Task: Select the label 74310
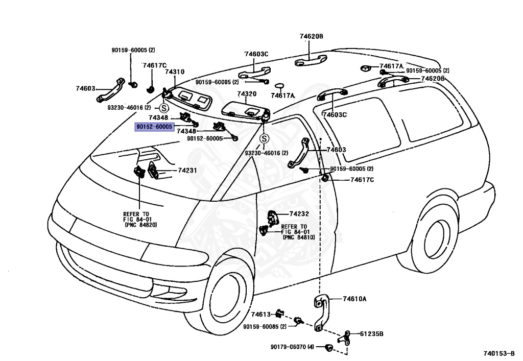[175, 73]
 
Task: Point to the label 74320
[247, 94]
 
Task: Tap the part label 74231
[187, 170]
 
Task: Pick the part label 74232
[299, 213]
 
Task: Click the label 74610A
[354, 299]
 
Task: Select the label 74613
[260, 314]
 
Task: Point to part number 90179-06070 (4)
[292, 347]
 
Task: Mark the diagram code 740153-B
[500, 353]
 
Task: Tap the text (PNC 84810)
[298, 237]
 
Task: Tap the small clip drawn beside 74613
[279, 312]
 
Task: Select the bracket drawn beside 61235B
[345, 337]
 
